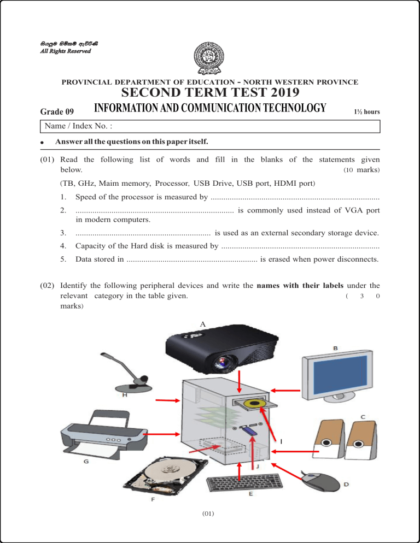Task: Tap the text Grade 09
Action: tap(57, 112)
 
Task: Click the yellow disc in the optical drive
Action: tap(255, 403)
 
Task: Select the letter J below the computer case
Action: tap(258, 468)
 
